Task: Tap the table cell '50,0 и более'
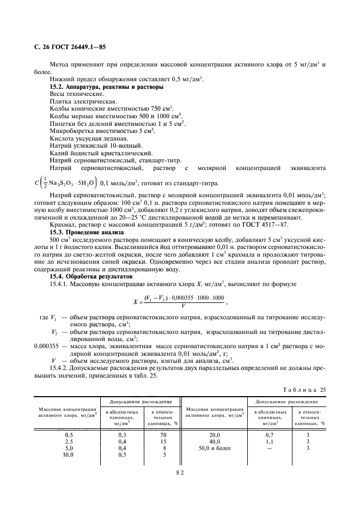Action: (x=214, y=448)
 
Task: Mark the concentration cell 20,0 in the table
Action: (x=214, y=434)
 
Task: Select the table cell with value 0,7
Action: (x=269, y=434)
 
